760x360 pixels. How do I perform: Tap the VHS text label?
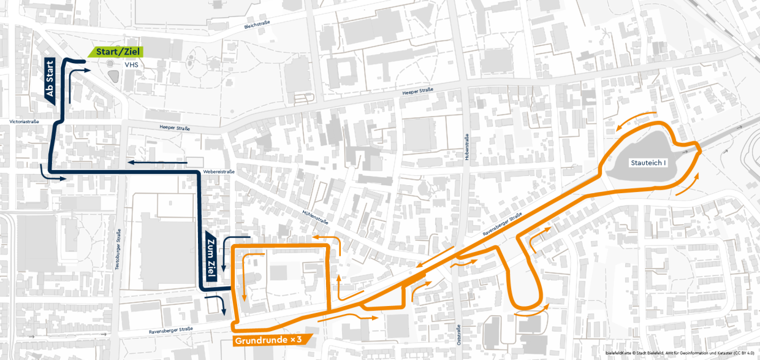coord(131,64)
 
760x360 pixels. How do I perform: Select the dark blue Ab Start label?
coord(50,80)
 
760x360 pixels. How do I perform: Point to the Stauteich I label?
coord(648,163)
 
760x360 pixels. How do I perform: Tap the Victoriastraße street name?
coord(25,121)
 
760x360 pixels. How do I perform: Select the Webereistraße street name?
coord(219,172)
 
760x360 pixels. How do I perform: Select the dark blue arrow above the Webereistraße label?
coord(157,163)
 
